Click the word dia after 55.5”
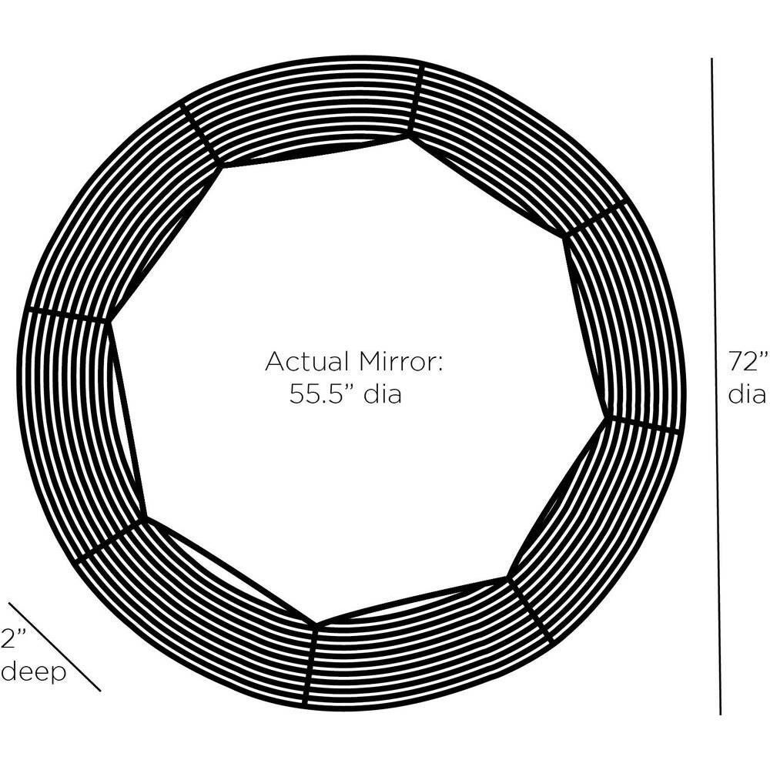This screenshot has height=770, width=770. (383, 395)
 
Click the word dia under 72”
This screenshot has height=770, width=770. (747, 394)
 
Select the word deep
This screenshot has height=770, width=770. (32, 672)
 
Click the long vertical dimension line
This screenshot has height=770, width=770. (716, 385)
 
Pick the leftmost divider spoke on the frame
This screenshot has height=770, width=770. (65, 315)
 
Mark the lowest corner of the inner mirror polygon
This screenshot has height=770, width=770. (316, 624)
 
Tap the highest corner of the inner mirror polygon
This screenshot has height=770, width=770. (409, 135)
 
